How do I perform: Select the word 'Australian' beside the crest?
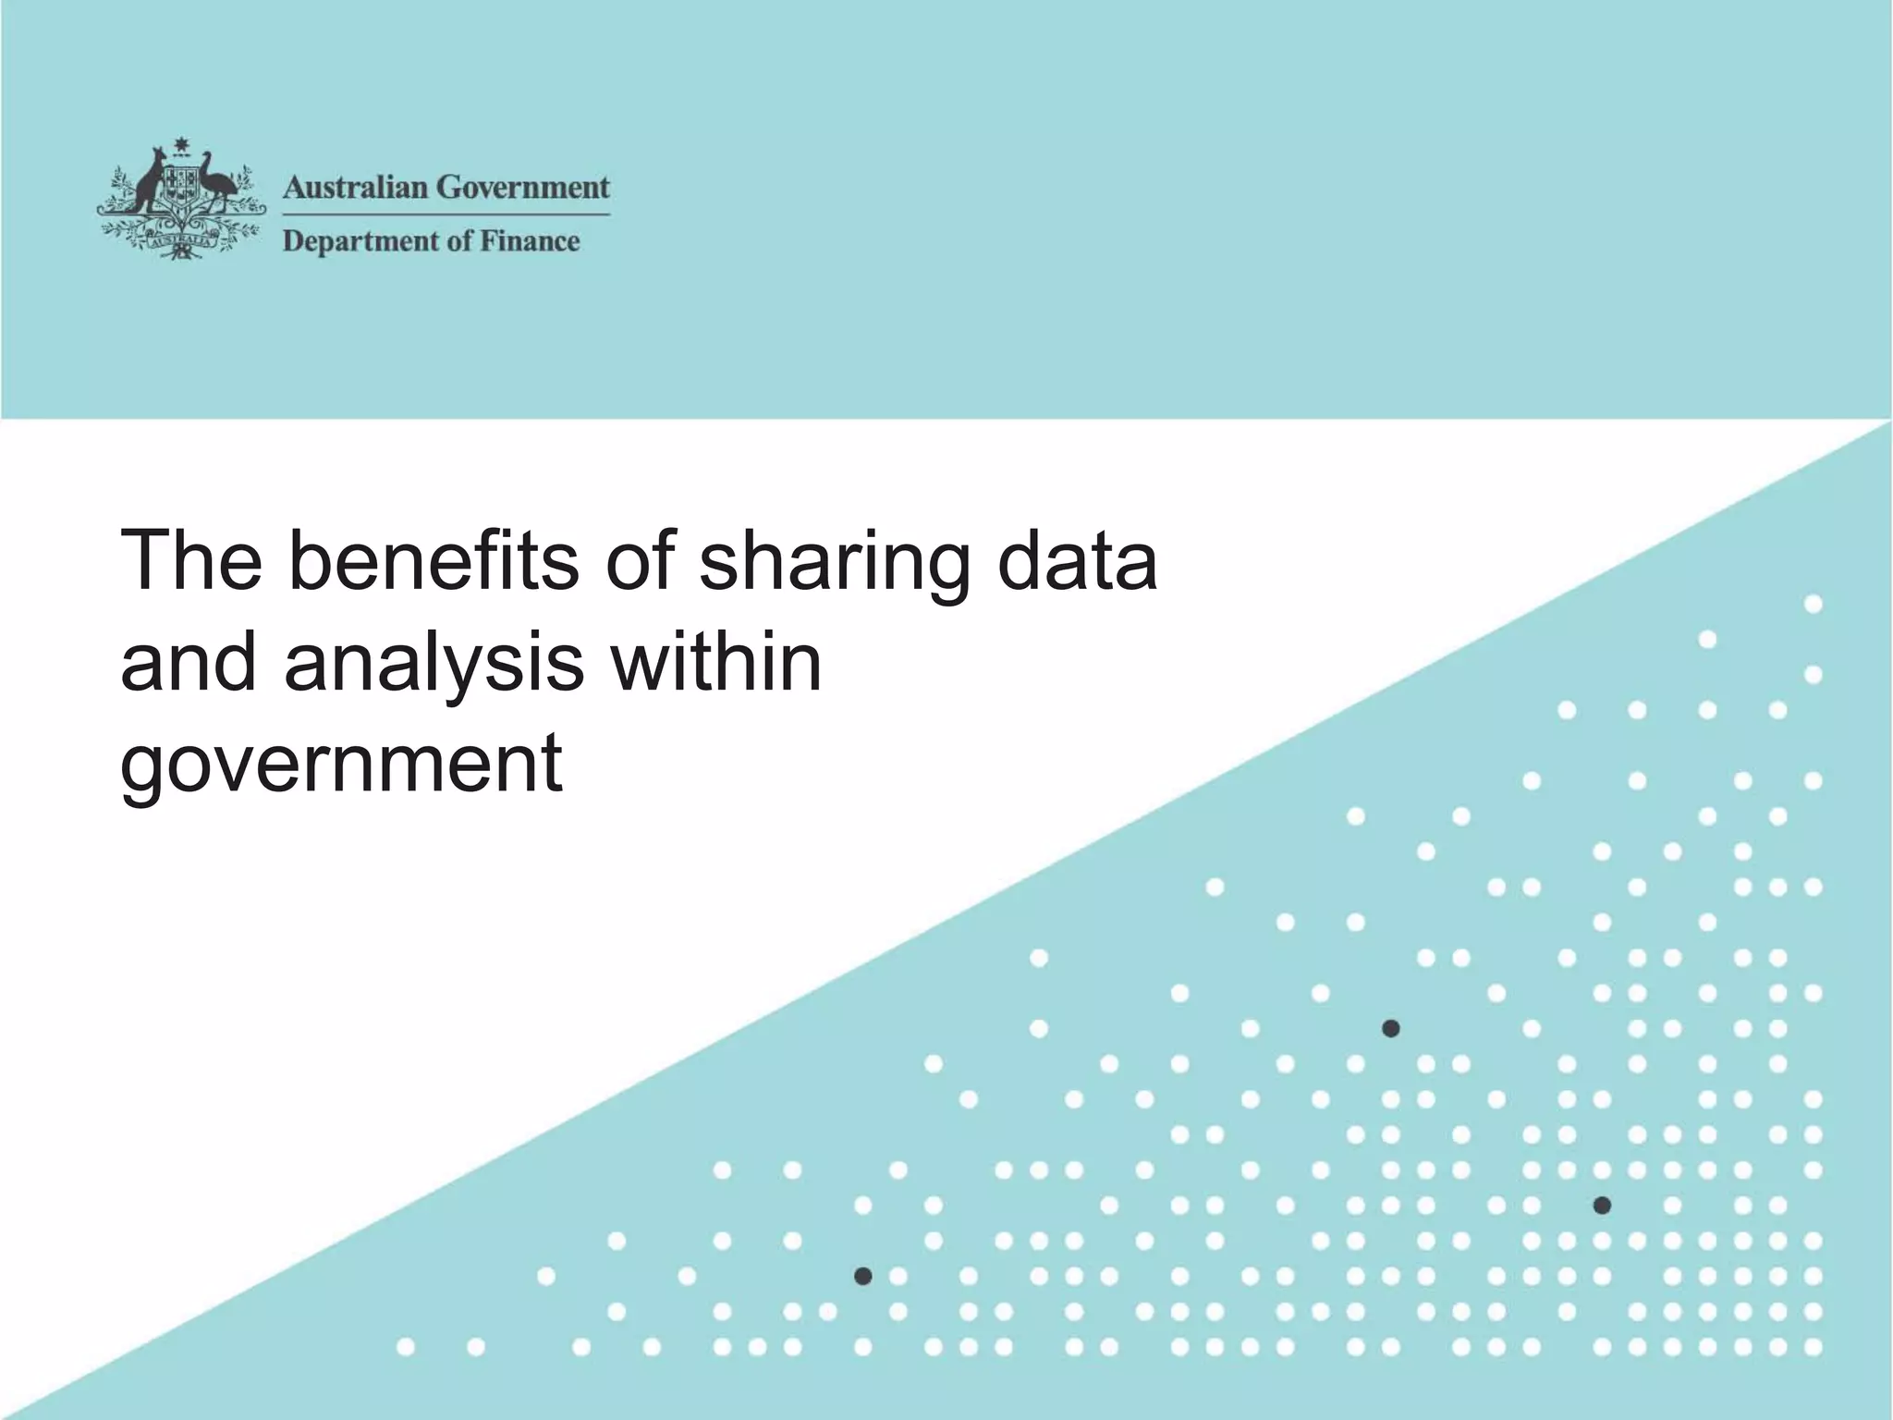coord(355,188)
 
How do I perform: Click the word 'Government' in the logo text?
coord(523,188)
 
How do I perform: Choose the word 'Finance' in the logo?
coord(530,241)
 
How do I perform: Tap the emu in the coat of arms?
coord(218,180)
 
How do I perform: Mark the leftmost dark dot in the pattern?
coord(863,1277)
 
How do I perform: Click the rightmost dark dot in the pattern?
coord(1603,1206)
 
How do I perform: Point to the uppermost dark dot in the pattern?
coord(1390,1028)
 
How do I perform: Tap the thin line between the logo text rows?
coord(446,214)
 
